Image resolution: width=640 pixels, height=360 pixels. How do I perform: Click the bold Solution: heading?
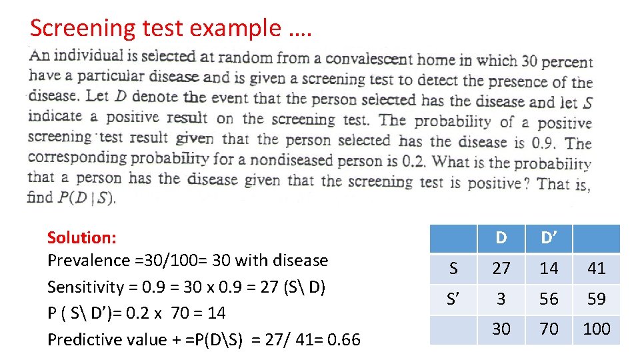coord(82,237)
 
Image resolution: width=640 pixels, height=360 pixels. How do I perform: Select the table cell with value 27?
coord(501,268)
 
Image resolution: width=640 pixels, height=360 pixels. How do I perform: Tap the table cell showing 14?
coord(549,268)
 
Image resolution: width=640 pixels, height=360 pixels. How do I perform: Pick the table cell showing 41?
coord(597,268)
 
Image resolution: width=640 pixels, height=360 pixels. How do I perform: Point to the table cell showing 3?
coord(501,299)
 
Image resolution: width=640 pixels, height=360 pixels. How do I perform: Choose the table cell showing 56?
coord(549,299)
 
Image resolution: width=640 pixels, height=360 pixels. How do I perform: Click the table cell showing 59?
coord(597,299)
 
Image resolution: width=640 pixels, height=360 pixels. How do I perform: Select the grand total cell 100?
coord(597,329)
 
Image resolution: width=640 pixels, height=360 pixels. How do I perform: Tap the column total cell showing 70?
coord(549,329)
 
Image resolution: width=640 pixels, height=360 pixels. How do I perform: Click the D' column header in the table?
coord(549,238)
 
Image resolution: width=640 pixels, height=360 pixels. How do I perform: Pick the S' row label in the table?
coord(453,299)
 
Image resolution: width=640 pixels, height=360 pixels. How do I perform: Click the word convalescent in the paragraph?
coord(370,59)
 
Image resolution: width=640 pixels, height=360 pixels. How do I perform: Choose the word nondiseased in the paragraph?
coord(263,160)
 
